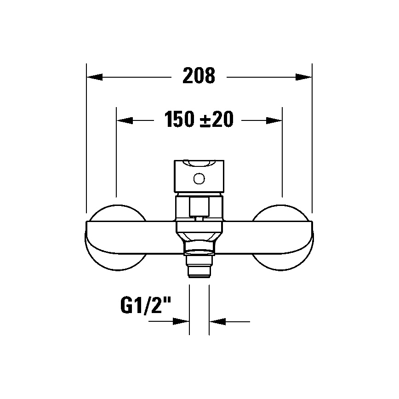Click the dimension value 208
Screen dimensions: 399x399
tap(199, 76)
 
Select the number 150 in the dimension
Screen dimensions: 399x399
tap(180, 120)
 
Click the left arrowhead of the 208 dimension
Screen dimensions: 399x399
tap(94, 77)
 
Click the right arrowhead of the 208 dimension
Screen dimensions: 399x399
tap(304, 77)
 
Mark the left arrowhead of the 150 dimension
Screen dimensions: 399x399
tap(125, 120)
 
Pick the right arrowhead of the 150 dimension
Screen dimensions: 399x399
tap(274, 120)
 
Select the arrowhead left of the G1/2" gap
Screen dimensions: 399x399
tap(181, 321)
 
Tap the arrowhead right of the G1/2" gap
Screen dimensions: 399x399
tap(217, 321)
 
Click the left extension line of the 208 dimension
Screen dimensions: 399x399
tap(86, 138)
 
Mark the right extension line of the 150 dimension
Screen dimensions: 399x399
tap(282, 152)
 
